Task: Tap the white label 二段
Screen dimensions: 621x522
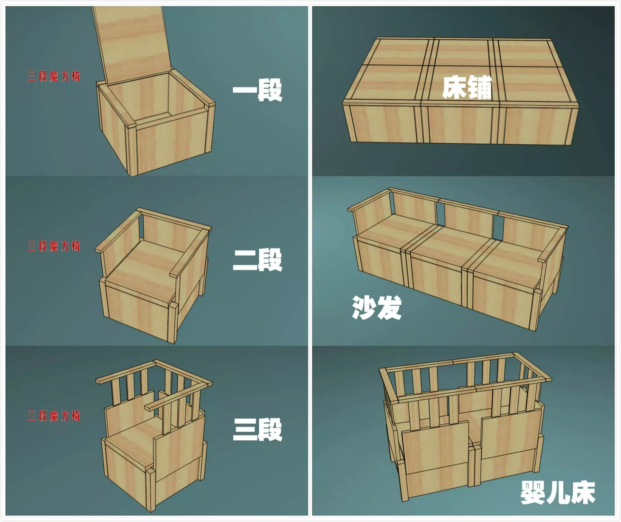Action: pyautogui.click(x=257, y=259)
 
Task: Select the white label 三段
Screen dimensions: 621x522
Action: pyautogui.click(x=257, y=429)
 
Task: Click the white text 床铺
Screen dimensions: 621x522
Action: pyautogui.click(x=467, y=87)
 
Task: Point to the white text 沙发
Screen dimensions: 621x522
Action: pyautogui.click(x=377, y=308)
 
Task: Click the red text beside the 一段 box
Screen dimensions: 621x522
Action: pyautogui.click(x=53, y=76)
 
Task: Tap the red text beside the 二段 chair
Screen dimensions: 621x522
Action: pyautogui.click(x=53, y=246)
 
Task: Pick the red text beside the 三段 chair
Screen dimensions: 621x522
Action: pyautogui.click(x=53, y=416)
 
